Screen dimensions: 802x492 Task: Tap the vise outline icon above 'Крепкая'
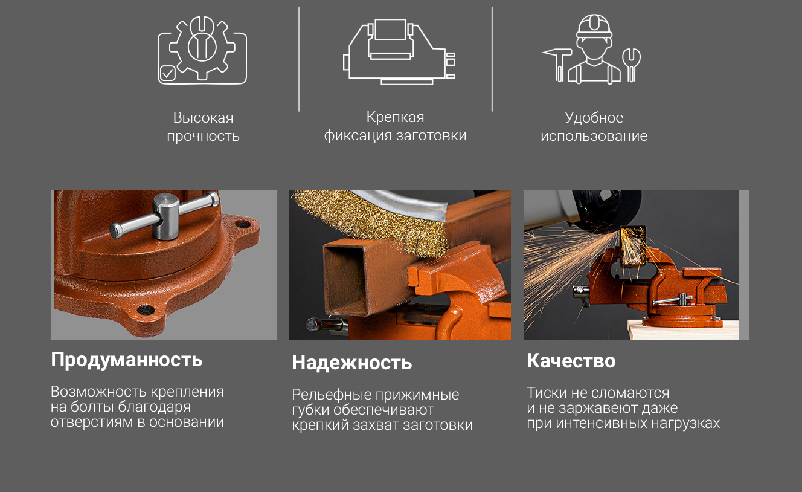tap(399, 51)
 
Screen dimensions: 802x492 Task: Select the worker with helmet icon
tap(594, 49)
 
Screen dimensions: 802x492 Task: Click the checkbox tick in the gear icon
tap(167, 74)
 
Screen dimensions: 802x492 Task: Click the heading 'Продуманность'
tap(126, 360)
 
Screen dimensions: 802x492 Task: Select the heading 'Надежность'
tap(351, 363)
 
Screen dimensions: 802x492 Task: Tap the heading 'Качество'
tap(571, 360)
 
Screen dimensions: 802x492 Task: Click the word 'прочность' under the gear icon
tap(203, 136)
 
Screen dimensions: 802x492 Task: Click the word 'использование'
tap(594, 136)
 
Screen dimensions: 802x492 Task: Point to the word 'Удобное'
tap(594, 117)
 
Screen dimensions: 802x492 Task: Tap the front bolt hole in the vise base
tap(146, 309)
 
